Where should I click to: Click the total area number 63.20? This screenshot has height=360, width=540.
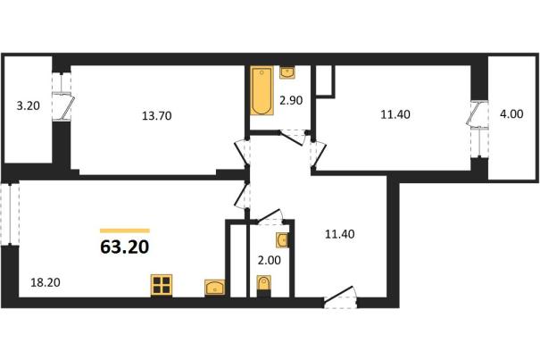[125, 247]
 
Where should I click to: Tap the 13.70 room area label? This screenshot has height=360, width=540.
[157, 116]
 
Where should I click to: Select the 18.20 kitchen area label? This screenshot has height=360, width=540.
[46, 282]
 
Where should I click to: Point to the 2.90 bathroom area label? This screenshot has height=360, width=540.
[291, 100]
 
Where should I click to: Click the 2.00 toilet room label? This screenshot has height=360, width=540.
[270, 260]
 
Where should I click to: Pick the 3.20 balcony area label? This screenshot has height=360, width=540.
[29, 105]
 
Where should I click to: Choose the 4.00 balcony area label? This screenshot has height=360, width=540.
[511, 113]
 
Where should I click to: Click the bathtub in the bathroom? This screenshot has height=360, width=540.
[262, 90]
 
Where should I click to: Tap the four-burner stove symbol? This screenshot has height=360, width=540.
[162, 285]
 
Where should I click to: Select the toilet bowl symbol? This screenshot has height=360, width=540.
[264, 286]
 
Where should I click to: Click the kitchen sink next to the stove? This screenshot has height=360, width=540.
[214, 288]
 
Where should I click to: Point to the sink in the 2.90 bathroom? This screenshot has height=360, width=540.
[287, 72]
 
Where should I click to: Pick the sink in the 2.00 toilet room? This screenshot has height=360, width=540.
[282, 239]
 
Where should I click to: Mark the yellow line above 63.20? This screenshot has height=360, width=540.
[125, 230]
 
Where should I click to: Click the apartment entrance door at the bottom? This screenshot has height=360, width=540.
[340, 297]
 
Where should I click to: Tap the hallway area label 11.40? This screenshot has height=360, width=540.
[340, 234]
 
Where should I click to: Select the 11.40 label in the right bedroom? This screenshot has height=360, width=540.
[395, 113]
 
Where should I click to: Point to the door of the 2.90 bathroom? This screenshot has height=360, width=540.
[293, 138]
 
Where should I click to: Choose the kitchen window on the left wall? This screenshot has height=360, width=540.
[10, 214]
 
